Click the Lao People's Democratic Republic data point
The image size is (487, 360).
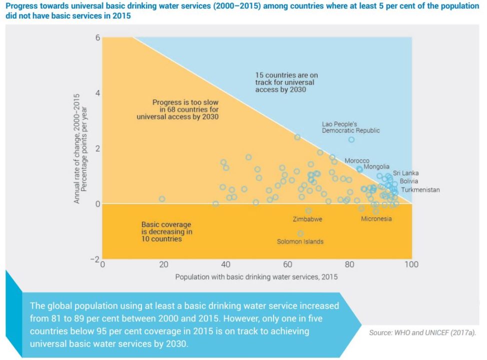(351, 139)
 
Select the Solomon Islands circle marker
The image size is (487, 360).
(300, 233)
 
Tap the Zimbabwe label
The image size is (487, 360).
(307, 219)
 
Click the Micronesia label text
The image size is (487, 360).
(376, 219)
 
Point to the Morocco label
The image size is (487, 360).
(357, 160)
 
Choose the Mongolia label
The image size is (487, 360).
(376, 166)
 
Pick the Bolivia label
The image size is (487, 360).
(408, 181)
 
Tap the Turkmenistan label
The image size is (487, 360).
(420, 190)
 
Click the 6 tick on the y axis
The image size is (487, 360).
(98, 38)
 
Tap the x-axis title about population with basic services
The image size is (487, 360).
(256, 276)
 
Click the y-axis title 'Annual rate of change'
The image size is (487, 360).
(81, 148)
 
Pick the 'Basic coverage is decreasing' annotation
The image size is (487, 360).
(166, 232)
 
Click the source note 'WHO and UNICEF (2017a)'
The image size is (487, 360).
(422, 332)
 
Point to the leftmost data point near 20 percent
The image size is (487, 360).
(162, 199)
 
